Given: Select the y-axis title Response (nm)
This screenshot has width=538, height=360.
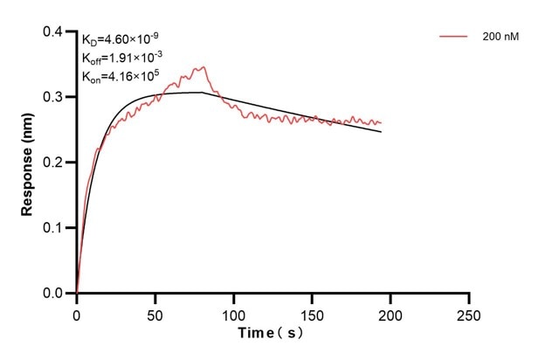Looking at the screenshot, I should [27, 163].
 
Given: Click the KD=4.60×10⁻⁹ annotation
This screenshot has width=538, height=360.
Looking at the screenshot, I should [120, 39].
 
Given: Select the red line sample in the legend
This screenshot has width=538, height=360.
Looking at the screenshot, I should [454, 38].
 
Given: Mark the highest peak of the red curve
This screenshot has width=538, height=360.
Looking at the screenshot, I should [203, 66].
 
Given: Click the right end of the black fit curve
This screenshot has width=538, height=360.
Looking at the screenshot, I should [382, 131].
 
